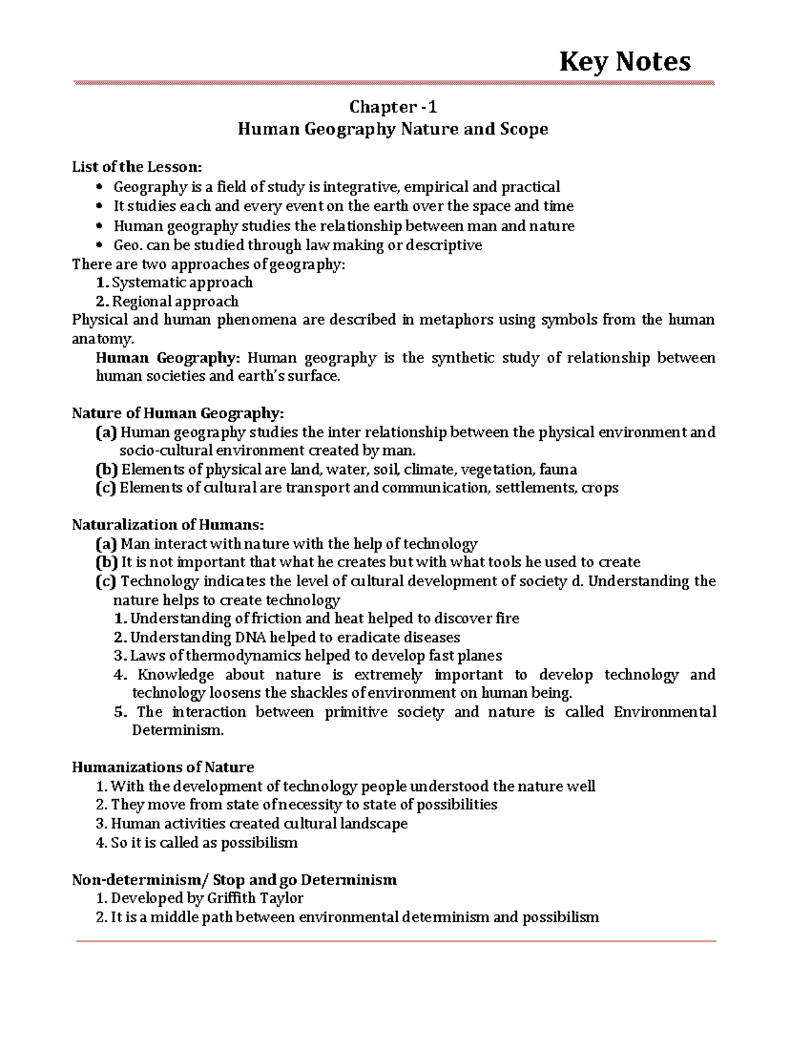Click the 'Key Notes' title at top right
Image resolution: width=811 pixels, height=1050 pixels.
[624, 62]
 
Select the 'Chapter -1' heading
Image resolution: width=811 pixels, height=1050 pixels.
[393, 107]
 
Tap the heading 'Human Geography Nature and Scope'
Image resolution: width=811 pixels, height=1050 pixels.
[393, 128]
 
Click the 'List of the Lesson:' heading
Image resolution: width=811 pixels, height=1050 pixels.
[137, 167]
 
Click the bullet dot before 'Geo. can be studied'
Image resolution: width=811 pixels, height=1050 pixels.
[101, 245]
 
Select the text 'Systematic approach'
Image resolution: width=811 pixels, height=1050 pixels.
[182, 283]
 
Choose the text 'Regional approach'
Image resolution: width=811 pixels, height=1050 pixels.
[175, 302]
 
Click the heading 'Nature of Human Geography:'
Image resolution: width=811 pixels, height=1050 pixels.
[178, 413]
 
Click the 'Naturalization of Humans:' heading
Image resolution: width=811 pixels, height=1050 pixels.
[168, 525]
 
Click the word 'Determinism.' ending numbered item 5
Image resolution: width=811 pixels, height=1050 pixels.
[177, 731]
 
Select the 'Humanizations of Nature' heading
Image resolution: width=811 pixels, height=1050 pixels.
[163, 767]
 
